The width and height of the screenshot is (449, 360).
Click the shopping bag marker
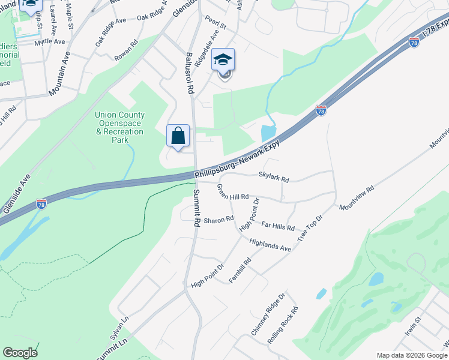[x=178, y=136]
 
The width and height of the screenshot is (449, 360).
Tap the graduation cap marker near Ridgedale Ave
[x=223, y=60]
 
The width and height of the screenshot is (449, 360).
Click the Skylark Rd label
[x=274, y=178]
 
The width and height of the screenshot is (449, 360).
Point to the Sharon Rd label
[x=218, y=220]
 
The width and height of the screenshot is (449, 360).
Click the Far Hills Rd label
[x=279, y=226]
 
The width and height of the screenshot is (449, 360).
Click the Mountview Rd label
[x=357, y=197]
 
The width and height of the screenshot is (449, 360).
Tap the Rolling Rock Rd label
[x=283, y=325]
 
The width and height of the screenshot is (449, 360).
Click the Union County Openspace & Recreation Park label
[x=119, y=127]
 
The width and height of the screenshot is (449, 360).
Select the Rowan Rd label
[x=127, y=50]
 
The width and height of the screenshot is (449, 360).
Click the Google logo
[x=20, y=353]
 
